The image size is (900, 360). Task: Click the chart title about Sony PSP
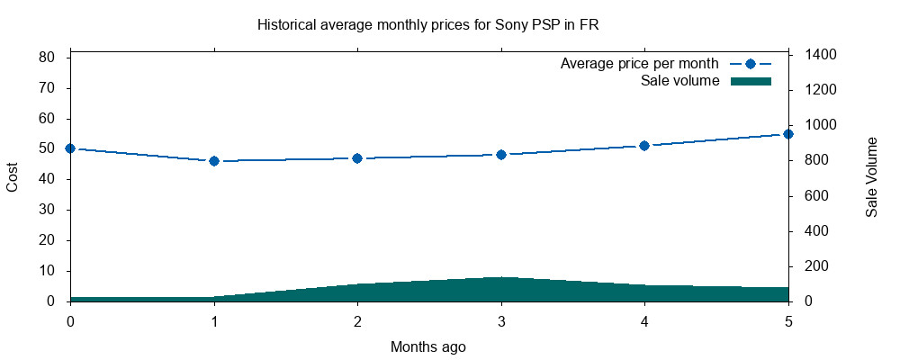[x=427, y=25]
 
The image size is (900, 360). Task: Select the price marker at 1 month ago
[x=214, y=161]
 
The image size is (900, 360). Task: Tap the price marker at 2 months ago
[x=357, y=158]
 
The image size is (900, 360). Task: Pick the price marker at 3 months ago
[x=501, y=155]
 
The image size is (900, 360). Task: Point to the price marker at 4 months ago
[x=644, y=146]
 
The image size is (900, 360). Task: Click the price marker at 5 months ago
[x=788, y=134]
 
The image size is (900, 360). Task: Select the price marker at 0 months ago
[x=70, y=148]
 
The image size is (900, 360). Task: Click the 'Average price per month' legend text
[x=639, y=64]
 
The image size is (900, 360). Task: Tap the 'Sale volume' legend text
[x=679, y=81]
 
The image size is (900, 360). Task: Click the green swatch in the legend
[x=751, y=81]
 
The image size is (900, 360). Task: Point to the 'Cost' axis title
[x=13, y=177]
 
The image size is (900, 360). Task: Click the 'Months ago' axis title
[x=428, y=346]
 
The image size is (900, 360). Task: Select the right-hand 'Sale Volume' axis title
[x=871, y=177]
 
